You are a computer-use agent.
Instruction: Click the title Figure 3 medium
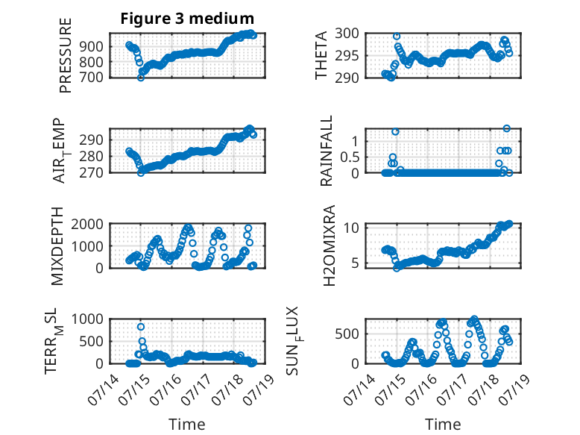click(x=187, y=19)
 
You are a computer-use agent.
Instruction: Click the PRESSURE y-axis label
click(x=66, y=55)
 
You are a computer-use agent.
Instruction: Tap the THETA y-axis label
click(x=321, y=55)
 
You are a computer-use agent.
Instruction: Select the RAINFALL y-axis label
click(x=327, y=151)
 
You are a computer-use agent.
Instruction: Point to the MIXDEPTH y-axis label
click(x=57, y=246)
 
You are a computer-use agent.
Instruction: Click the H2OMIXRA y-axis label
click(x=329, y=245)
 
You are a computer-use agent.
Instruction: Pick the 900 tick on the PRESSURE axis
click(x=91, y=47)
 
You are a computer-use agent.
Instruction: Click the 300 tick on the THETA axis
click(x=347, y=34)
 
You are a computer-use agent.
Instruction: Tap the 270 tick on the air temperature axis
click(x=91, y=172)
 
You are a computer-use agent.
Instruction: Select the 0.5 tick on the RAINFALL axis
click(x=350, y=157)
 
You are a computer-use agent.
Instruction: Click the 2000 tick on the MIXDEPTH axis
click(x=87, y=224)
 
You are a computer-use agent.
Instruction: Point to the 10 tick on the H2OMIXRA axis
click(x=350, y=228)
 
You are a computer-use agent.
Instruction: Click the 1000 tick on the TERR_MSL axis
click(x=87, y=319)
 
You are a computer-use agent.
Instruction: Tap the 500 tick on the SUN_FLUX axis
click(x=347, y=334)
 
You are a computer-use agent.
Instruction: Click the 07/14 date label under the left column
click(x=104, y=389)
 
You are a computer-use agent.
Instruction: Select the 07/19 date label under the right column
click(x=515, y=389)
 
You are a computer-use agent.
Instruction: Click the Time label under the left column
click(x=187, y=425)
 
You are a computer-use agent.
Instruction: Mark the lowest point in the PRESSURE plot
click(x=141, y=78)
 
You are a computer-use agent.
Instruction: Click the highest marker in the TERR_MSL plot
click(x=141, y=327)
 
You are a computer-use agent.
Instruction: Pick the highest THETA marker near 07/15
click(x=397, y=37)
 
